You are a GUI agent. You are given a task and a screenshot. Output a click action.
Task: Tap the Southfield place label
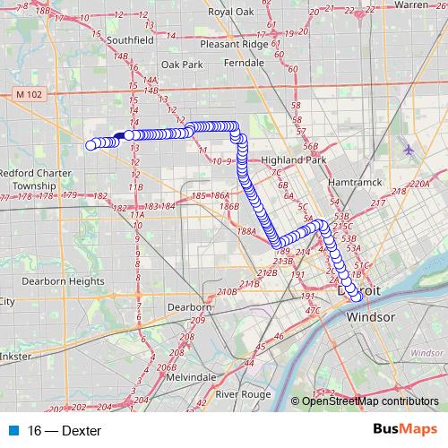pos(130,40)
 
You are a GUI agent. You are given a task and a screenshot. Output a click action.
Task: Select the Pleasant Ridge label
pos(235,43)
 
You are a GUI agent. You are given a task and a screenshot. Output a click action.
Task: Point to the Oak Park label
pos(182,65)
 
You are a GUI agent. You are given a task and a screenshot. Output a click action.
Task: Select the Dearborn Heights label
pos(63,280)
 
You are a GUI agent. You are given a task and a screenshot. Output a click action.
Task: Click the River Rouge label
pos(243,394)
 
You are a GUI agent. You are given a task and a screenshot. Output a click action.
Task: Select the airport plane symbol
pos(409,149)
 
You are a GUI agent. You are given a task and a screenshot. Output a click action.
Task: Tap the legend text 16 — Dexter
pos(65,431)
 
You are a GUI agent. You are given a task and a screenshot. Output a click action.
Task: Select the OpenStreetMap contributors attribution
pos(369,402)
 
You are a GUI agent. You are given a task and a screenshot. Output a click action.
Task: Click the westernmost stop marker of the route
pos(90,145)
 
